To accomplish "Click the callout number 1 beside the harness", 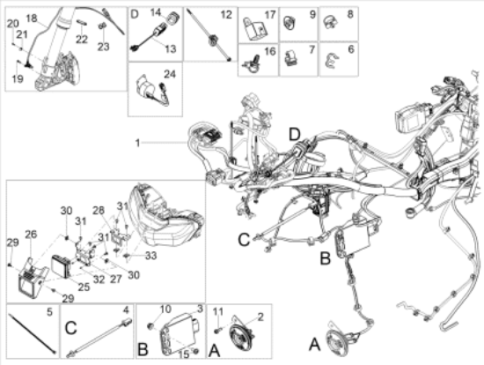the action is tap(137, 143).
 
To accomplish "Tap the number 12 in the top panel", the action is tap(226, 14).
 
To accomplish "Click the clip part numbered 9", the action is tap(290, 23).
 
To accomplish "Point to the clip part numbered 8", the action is tap(330, 22).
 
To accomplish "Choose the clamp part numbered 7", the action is tap(291, 58).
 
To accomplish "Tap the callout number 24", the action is tap(170, 74).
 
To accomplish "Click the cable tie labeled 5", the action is tap(33, 333).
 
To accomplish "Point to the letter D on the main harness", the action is tap(295, 135).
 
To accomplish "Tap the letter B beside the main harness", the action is tap(325, 258).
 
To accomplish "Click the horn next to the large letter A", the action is tap(339, 340).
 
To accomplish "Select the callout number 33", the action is tap(151, 256).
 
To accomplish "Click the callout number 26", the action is tap(31, 235).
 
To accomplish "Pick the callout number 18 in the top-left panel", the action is tap(32, 19).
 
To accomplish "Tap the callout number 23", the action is tap(104, 47).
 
